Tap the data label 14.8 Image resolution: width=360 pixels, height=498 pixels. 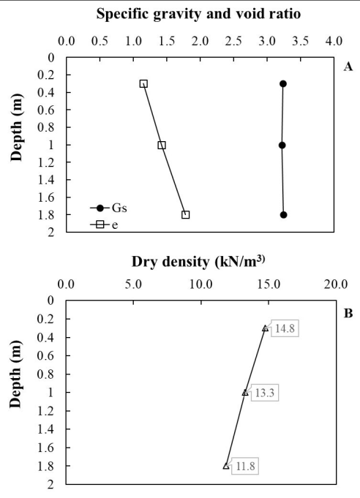283,328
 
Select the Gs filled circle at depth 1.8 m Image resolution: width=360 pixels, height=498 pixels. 283,215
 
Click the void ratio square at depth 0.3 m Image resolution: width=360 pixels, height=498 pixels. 143,83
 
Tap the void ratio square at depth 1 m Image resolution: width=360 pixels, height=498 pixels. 162,145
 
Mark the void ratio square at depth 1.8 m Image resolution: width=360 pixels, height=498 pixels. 186,215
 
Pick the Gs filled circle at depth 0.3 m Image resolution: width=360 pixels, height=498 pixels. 283,83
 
